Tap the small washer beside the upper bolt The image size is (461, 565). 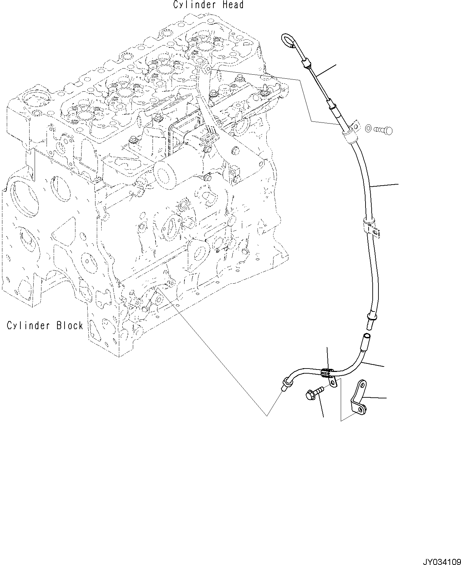coord(368,129)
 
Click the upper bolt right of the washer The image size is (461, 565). coord(384,130)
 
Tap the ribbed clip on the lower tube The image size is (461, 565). coord(326,373)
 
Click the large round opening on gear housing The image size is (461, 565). coord(23,197)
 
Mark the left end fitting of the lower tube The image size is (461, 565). coord(286,383)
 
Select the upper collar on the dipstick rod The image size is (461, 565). coord(306,63)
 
